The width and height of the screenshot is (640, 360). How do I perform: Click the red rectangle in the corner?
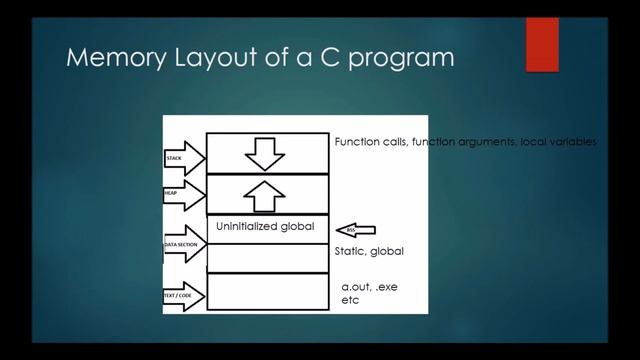pyautogui.click(x=542, y=44)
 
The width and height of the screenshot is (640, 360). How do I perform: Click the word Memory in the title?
pyautogui.click(x=110, y=59)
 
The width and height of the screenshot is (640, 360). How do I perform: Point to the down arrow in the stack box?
pyautogui.click(x=265, y=152)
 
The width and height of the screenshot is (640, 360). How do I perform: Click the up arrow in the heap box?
pyautogui.click(x=265, y=194)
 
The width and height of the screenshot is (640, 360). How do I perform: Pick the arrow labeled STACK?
pyautogui.click(x=184, y=158)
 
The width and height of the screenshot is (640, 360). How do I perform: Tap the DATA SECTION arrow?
pyautogui.click(x=184, y=245)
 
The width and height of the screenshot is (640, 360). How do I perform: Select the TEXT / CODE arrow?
pyautogui.click(x=184, y=296)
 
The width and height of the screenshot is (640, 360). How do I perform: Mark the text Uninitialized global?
pyautogui.click(x=265, y=227)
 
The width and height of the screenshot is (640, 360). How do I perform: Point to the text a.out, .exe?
pyautogui.click(x=370, y=287)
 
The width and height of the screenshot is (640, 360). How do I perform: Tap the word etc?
pyautogui.click(x=350, y=299)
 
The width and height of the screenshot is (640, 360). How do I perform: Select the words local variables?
pyautogui.click(x=559, y=143)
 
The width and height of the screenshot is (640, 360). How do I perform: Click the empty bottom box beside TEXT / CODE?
pyautogui.click(x=266, y=291)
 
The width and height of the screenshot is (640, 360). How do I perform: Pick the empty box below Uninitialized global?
pyautogui.click(x=266, y=257)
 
